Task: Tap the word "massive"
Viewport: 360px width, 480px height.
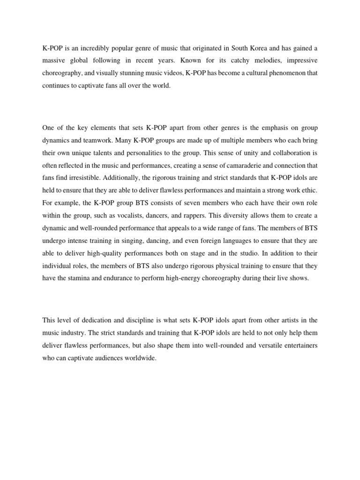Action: [55, 61]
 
